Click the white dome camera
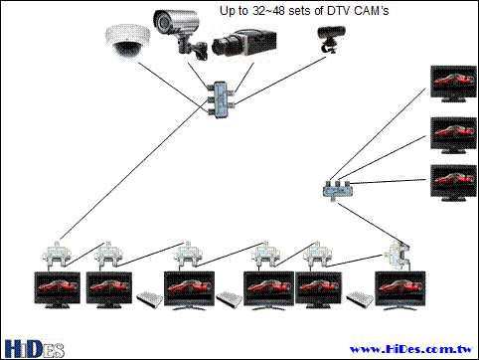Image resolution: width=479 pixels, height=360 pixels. point(127,43)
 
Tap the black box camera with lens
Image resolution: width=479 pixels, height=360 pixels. point(244,42)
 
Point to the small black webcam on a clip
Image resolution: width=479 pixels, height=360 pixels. point(331,38)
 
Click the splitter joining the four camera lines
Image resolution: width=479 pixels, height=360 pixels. point(220,99)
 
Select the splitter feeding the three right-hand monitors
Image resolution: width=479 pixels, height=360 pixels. point(337,190)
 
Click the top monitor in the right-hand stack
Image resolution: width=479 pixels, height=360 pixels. point(453,84)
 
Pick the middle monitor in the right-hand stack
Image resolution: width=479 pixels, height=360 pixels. point(453,135)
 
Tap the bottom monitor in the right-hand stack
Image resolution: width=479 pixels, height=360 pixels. point(453,183)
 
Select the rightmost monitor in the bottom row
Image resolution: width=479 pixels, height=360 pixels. point(400,290)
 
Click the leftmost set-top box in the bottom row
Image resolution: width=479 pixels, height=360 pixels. point(150,299)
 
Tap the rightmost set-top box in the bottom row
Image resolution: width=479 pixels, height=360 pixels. point(360,299)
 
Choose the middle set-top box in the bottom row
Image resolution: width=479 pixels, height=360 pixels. point(230,299)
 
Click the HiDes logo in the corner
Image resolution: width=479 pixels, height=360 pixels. point(35,349)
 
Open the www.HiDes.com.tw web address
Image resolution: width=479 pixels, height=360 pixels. point(411,349)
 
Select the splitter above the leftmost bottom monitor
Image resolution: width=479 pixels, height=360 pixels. point(57,256)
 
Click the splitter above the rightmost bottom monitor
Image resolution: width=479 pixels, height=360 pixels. point(399,255)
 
